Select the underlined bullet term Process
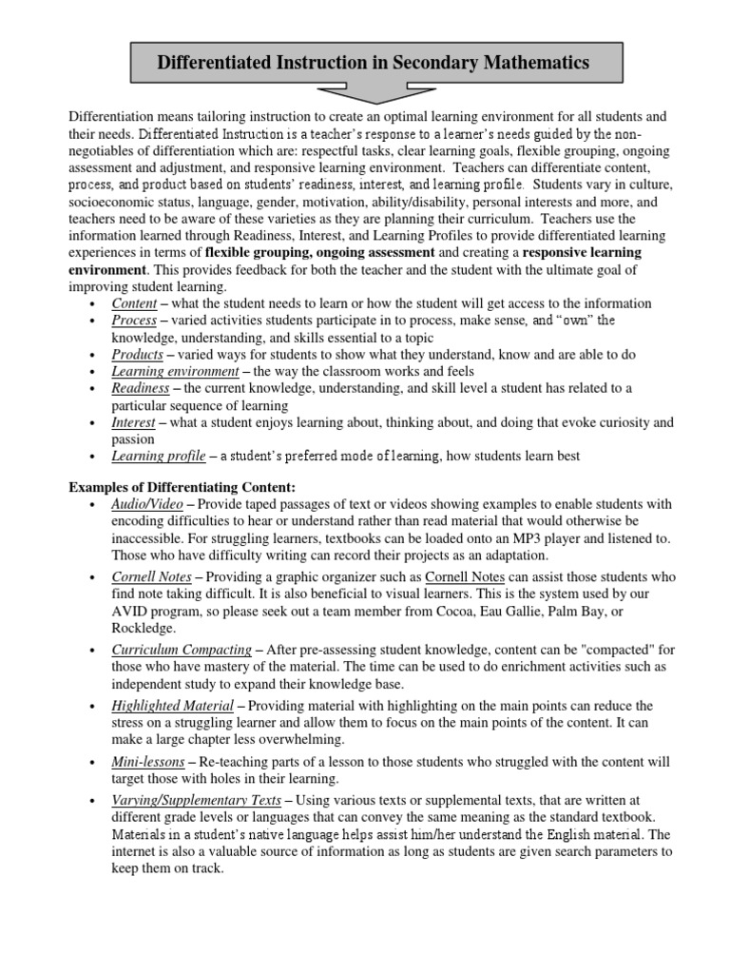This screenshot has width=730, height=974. coord(134,321)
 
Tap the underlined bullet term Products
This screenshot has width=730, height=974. coord(137,354)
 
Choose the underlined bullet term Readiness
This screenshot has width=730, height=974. coord(141,388)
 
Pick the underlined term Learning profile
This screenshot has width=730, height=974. coord(159,456)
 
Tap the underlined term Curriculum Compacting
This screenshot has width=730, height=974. coord(182,650)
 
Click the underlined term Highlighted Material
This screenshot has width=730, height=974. coord(172,706)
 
